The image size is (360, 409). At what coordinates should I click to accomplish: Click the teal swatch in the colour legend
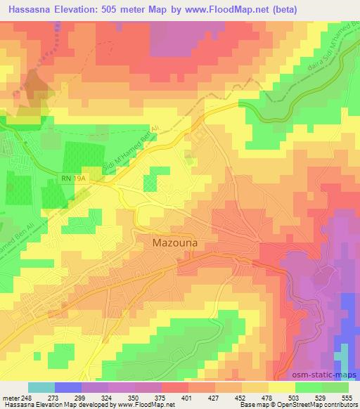tap(41, 387)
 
